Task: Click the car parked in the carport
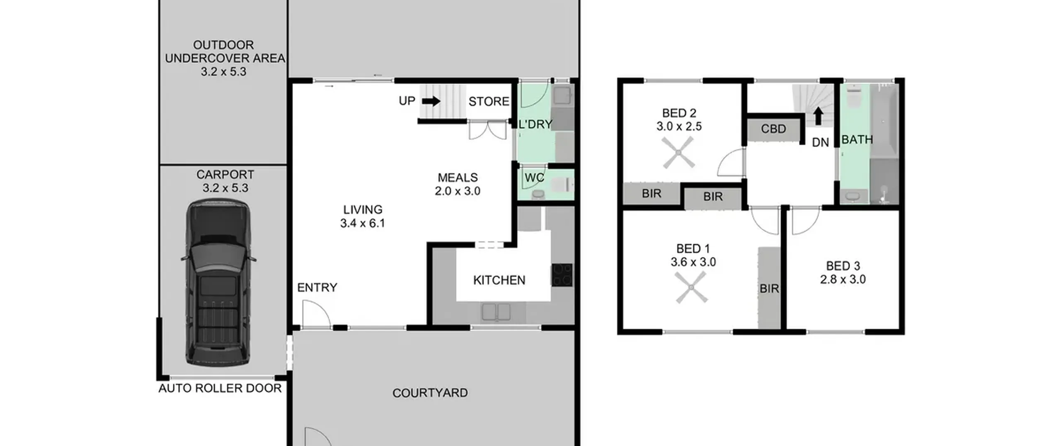point(218,283)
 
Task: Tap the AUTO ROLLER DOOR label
point(220,388)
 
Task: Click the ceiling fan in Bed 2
point(678,153)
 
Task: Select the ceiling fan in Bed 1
point(691,288)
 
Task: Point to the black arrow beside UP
point(431,101)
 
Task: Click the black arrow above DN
point(818,116)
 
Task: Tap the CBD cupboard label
point(773,129)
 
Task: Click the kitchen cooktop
point(562,275)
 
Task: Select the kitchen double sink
point(496,312)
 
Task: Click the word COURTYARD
point(430,393)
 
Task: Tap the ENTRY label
point(317,288)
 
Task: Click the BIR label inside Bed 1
point(769,289)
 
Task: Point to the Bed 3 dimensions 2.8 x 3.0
point(843,279)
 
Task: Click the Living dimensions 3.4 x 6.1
point(363,223)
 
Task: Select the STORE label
point(489,102)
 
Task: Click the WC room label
point(534,178)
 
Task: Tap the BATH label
point(857,140)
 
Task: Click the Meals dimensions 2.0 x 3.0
point(458,191)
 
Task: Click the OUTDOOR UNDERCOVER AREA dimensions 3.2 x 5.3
point(223,72)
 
